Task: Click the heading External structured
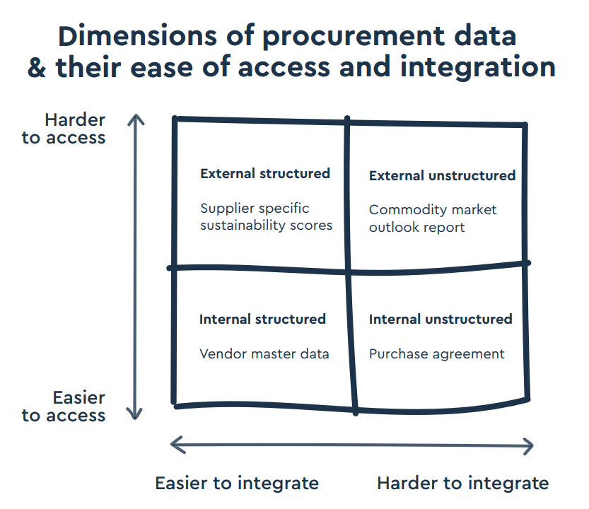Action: (x=265, y=173)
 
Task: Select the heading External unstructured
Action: (x=442, y=175)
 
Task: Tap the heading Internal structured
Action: (x=262, y=319)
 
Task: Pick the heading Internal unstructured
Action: (x=441, y=319)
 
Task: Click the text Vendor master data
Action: (x=264, y=353)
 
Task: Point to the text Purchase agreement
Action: (x=437, y=353)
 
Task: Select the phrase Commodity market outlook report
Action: (x=433, y=218)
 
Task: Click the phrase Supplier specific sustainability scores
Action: (x=266, y=217)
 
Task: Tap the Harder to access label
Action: (x=64, y=128)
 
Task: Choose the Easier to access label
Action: (x=64, y=406)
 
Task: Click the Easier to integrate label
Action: (x=237, y=483)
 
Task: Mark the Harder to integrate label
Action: (x=462, y=483)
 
